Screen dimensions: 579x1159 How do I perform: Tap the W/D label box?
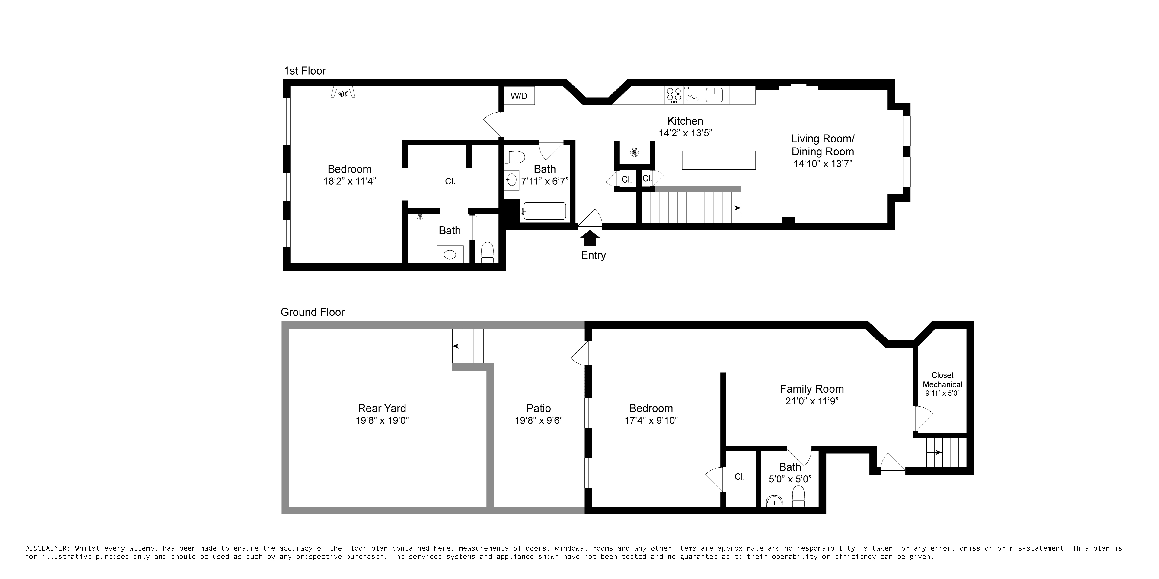pyautogui.click(x=519, y=96)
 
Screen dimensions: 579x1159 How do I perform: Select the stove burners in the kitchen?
pyautogui.click(x=674, y=95)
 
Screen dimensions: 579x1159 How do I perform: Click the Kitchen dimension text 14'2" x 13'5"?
pyautogui.click(x=685, y=133)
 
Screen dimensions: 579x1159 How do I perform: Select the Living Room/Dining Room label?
pyautogui.click(x=822, y=145)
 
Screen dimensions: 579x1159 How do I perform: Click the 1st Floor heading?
pyautogui.click(x=305, y=71)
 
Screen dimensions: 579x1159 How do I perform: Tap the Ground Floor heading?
pyautogui.click(x=312, y=312)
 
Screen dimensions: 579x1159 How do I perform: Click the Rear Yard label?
pyautogui.click(x=382, y=408)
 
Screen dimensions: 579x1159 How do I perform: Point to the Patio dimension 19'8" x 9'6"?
pyautogui.click(x=539, y=420)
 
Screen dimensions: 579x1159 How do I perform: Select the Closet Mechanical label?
pyautogui.click(x=942, y=380)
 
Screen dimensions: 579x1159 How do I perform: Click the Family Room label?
pyautogui.click(x=812, y=389)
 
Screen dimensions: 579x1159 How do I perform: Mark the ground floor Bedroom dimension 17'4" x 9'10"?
pyautogui.click(x=651, y=420)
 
